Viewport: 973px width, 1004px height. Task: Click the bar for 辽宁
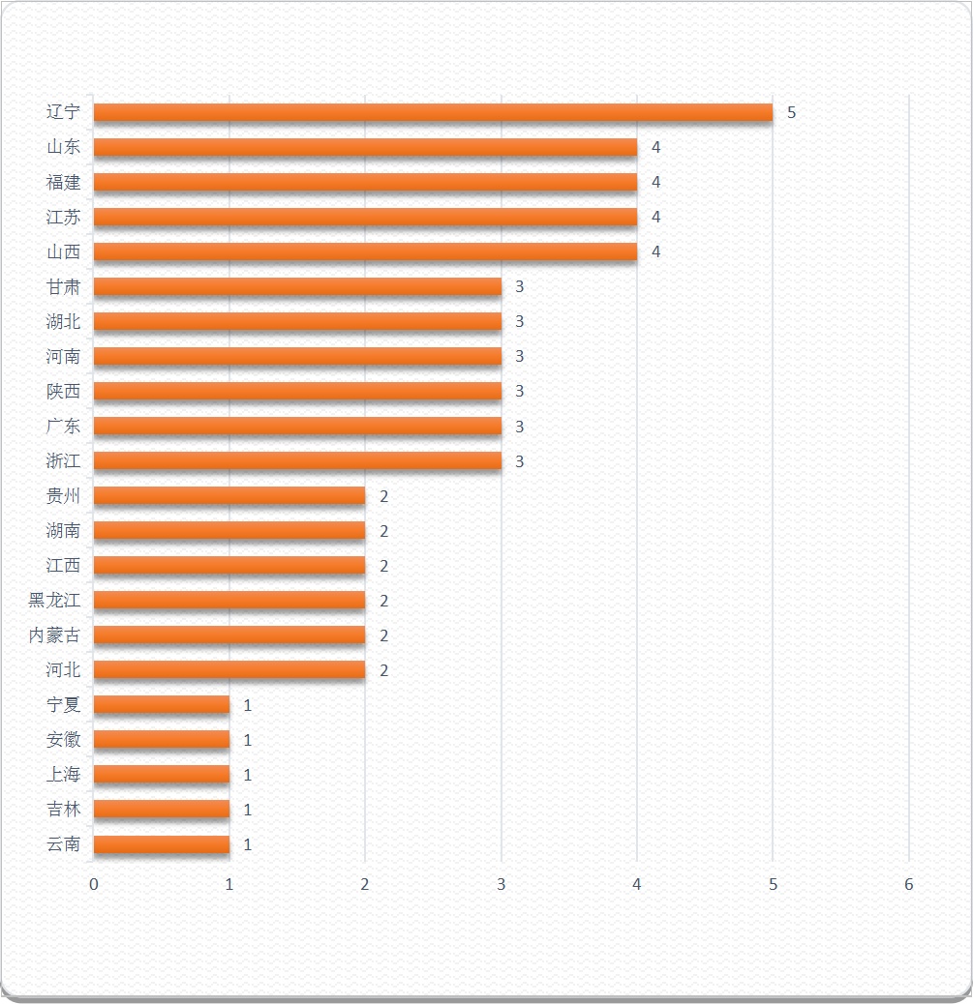pos(433,112)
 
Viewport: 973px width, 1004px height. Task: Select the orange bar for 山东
pos(365,147)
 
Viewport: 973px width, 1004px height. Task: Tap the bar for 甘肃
pos(297,286)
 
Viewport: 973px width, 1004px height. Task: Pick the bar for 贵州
pos(229,496)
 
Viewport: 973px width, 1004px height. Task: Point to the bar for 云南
pos(162,844)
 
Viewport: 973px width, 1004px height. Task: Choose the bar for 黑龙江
pos(229,601)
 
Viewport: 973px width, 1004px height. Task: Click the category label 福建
pos(64,182)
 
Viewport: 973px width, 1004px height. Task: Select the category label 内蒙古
pos(55,635)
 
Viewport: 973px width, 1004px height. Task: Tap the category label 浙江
pos(64,461)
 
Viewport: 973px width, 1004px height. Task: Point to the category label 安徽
pos(64,740)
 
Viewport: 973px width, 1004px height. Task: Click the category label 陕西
pos(64,391)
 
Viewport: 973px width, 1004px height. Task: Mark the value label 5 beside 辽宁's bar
pos(791,112)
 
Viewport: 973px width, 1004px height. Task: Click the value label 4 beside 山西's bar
pos(655,251)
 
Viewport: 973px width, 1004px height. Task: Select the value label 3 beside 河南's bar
pos(519,357)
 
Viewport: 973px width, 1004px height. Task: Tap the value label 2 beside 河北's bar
pos(383,670)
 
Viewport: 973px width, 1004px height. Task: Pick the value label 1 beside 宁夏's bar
pos(248,705)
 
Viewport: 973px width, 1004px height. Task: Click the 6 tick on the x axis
pos(908,885)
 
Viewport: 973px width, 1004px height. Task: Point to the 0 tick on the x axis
pos(94,885)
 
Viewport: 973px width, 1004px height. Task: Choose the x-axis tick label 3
pos(501,885)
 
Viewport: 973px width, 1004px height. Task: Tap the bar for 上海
pos(162,775)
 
